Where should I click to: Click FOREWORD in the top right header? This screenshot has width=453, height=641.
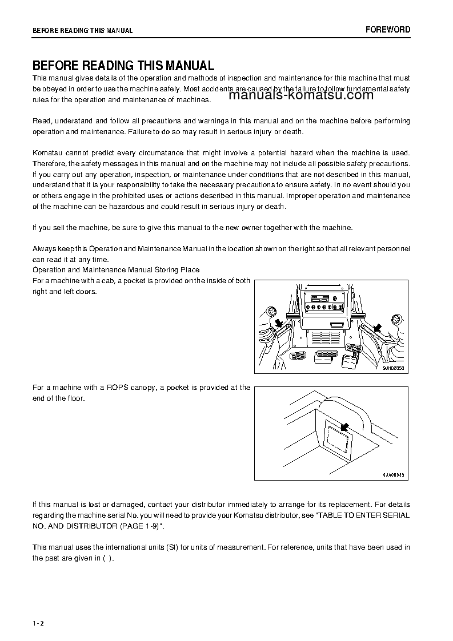388,30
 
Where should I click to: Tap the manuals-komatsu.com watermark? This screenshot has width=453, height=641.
301,95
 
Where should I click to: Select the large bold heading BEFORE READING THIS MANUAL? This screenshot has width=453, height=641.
123,66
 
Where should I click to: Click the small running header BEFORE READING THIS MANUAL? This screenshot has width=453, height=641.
82,31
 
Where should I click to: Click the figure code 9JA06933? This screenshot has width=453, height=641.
394,474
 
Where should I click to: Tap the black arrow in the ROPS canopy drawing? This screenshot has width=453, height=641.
344,427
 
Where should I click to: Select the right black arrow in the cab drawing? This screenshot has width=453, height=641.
376,327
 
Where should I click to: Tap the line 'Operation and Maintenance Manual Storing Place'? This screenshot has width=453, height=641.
116,269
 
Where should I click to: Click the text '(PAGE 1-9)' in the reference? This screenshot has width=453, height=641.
144,525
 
